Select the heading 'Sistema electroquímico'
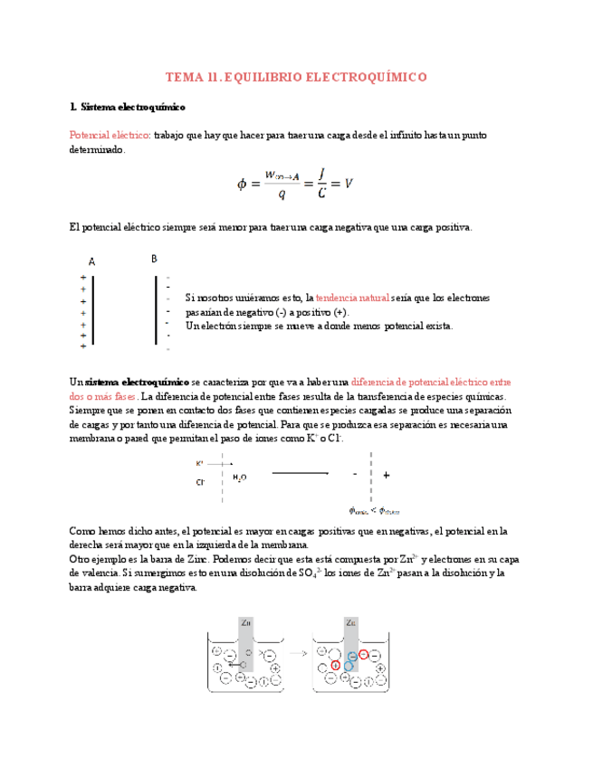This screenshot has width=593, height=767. pos(133,107)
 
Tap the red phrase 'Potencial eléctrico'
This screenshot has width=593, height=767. pos(110,135)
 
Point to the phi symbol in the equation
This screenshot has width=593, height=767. pos(242,184)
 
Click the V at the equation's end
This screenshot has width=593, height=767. pos(349,183)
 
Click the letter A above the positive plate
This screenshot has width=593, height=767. pos(92,260)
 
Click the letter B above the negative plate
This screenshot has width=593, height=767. pos(154,258)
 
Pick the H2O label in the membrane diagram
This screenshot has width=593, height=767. pos(239,477)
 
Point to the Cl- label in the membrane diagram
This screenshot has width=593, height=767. pos(200,482)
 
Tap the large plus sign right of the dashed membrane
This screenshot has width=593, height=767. pos(387,474)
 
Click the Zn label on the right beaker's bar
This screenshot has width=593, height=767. pos(350,622)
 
